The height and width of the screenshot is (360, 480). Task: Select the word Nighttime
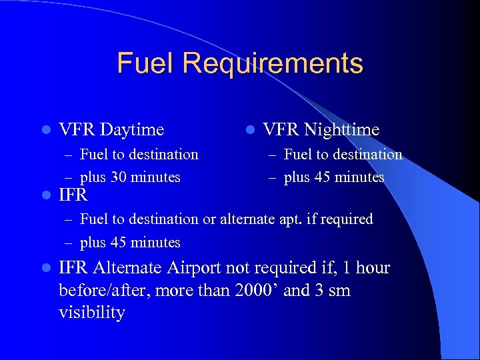344,129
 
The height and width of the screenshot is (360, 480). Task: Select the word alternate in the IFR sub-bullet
243,219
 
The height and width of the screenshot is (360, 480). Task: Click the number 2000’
258,291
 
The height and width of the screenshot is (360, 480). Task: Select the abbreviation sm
339,291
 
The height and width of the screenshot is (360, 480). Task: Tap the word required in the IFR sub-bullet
348,219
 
